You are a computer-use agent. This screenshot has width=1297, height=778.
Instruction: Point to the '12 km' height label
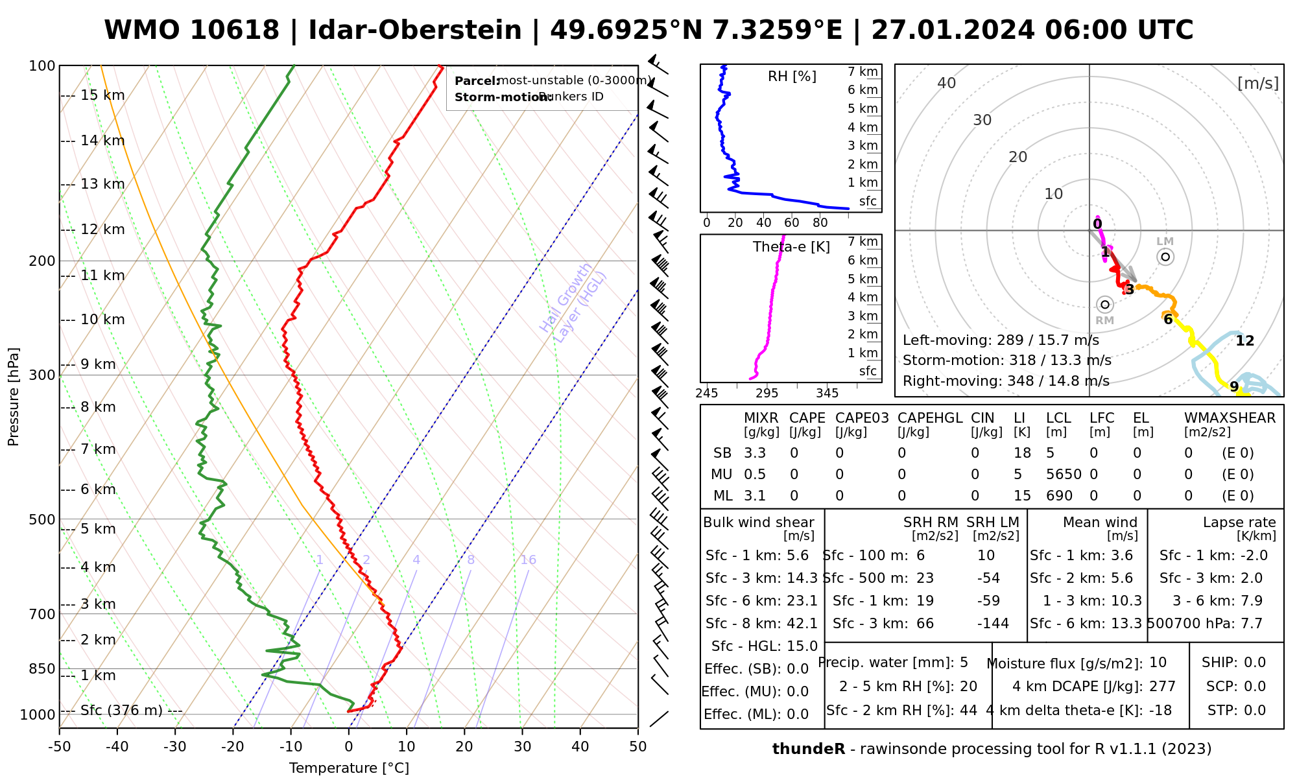(102, 230)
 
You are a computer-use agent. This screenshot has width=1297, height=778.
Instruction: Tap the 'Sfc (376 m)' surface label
(121, 711)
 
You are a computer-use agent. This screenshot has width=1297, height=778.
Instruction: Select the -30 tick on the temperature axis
(174, 747)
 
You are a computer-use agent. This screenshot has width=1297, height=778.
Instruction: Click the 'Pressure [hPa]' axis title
(14, 397)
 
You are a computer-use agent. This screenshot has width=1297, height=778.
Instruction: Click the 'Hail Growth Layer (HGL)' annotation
(573, 302)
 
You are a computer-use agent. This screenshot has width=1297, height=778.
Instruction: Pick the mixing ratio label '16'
(528, 560)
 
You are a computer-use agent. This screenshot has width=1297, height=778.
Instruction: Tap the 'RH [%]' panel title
(792, 77)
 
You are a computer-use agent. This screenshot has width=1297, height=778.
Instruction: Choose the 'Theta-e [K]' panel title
(791, 247)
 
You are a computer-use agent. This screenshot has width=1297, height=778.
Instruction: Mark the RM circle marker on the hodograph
(1105, 304)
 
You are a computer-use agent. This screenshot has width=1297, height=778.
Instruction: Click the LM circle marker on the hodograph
(1165, 257)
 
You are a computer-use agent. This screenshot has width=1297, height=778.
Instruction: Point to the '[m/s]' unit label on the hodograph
(1258, 83)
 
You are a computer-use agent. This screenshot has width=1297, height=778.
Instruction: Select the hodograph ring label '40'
(947, 83)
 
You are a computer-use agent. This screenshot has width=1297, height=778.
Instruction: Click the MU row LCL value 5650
(1064, 475)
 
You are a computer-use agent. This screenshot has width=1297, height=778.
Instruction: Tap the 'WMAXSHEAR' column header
(1230, 418)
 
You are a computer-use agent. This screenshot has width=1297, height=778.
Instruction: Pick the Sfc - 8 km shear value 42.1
(802, 624)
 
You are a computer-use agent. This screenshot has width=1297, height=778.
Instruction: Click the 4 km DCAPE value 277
(1162, 687)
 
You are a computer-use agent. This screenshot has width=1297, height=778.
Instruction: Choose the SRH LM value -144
(993, 624)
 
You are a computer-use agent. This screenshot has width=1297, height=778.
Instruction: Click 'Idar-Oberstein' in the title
(415, 30)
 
